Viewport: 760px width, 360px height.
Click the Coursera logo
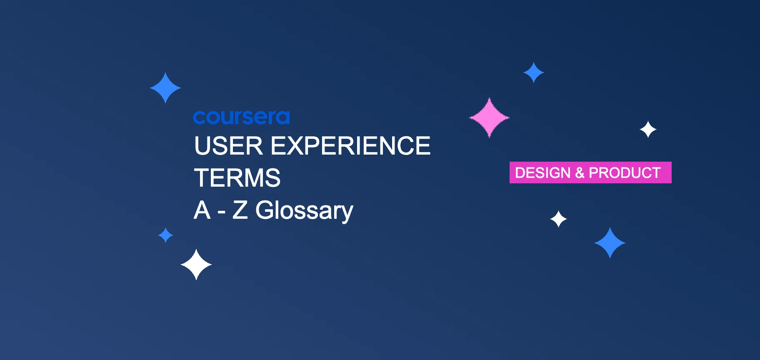(241, 117)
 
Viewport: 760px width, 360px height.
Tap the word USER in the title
(228, 146)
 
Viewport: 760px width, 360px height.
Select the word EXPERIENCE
(350, 146)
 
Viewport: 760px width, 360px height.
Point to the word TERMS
(237, 178)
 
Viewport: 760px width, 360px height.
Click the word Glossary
(304, 210)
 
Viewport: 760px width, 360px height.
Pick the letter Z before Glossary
(240, 210)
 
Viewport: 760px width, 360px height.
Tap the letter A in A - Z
(202, 210)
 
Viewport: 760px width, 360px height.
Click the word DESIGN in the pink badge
(542, 172)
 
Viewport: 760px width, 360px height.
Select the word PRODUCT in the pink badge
(625, 172)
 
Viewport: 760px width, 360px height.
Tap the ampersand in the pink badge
(580, 172)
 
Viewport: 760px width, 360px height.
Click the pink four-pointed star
(489, 117)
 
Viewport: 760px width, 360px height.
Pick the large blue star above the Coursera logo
(165, 88)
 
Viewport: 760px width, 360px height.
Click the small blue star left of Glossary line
(165, 235)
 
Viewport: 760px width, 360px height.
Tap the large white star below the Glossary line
(196, 265)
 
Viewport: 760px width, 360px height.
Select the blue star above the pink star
(534, 72)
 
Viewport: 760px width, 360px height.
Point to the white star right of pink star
(648, 130)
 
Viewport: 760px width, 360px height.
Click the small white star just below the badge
(558, 219)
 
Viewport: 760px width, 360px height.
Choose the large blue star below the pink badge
(610, 243)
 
